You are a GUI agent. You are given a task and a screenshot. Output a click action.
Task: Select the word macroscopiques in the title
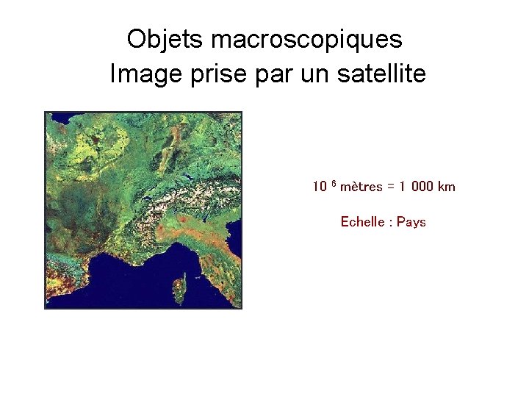point(306,39)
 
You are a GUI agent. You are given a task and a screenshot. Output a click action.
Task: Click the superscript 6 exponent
point(333,183)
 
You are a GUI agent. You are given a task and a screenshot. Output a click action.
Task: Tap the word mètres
point(361,187)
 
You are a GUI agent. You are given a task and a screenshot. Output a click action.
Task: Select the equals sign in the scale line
point(392,187)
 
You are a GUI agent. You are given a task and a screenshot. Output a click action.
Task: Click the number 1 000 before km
point(417,187)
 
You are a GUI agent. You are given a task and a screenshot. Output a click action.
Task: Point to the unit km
point(447,187)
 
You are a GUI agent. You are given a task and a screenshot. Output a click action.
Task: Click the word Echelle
point(363,222)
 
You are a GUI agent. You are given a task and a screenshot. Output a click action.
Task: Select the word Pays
point(411,222)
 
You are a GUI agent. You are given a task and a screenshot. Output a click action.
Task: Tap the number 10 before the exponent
point(320,187)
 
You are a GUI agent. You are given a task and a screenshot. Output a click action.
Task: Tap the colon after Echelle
point(391,223)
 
